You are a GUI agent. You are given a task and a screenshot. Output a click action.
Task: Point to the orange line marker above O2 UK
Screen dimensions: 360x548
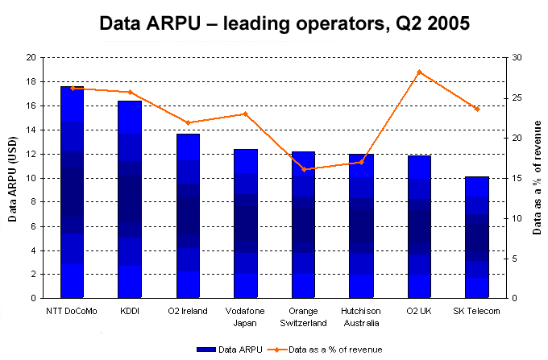(419, 72)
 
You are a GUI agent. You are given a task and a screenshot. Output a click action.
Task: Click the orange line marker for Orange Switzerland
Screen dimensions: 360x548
(304, 169)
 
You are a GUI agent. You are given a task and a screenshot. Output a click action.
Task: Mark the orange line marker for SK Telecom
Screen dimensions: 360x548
(477, 109)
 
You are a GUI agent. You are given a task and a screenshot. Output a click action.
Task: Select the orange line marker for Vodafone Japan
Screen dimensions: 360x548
(246, 114)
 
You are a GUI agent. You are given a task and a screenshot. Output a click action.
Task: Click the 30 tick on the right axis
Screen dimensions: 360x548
(516, 58)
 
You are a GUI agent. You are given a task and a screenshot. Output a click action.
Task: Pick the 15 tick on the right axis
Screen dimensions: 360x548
(516, 178)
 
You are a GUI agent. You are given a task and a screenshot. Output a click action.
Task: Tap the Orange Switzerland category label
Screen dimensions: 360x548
(304, 317)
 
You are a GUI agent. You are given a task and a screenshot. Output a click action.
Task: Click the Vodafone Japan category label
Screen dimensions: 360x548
(246, 317)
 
